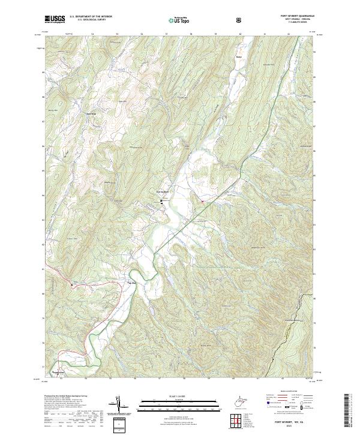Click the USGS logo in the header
[54, 19]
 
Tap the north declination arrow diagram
[126, 407]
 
